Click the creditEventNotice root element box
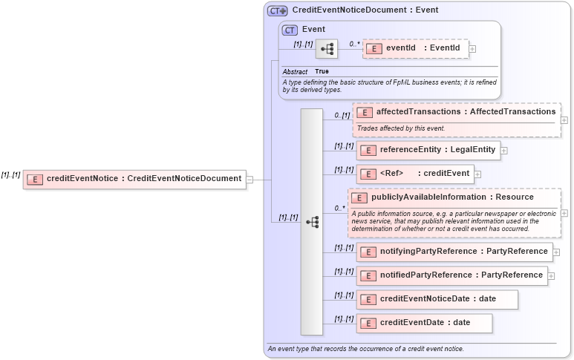coord(134,178)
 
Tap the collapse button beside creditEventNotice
coord(250,179)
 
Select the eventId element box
coord(415,48)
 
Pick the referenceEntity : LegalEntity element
coord(427,150)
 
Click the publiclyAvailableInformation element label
coord(451,197)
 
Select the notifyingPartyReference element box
coord(454,252)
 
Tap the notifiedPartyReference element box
coord(451,275)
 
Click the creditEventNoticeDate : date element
coord(437,299)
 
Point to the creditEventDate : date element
coord(423,323)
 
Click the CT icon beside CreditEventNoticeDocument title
coord(278,10)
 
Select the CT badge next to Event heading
coord(290,30)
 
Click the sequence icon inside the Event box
coord(327,49)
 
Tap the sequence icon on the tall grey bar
coord(312,222)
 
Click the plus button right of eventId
coord(472,49)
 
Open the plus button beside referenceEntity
coord(504,151)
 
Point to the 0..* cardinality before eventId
coord(355,45)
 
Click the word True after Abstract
coord(322,71)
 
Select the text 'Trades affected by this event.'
coord(401,128)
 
